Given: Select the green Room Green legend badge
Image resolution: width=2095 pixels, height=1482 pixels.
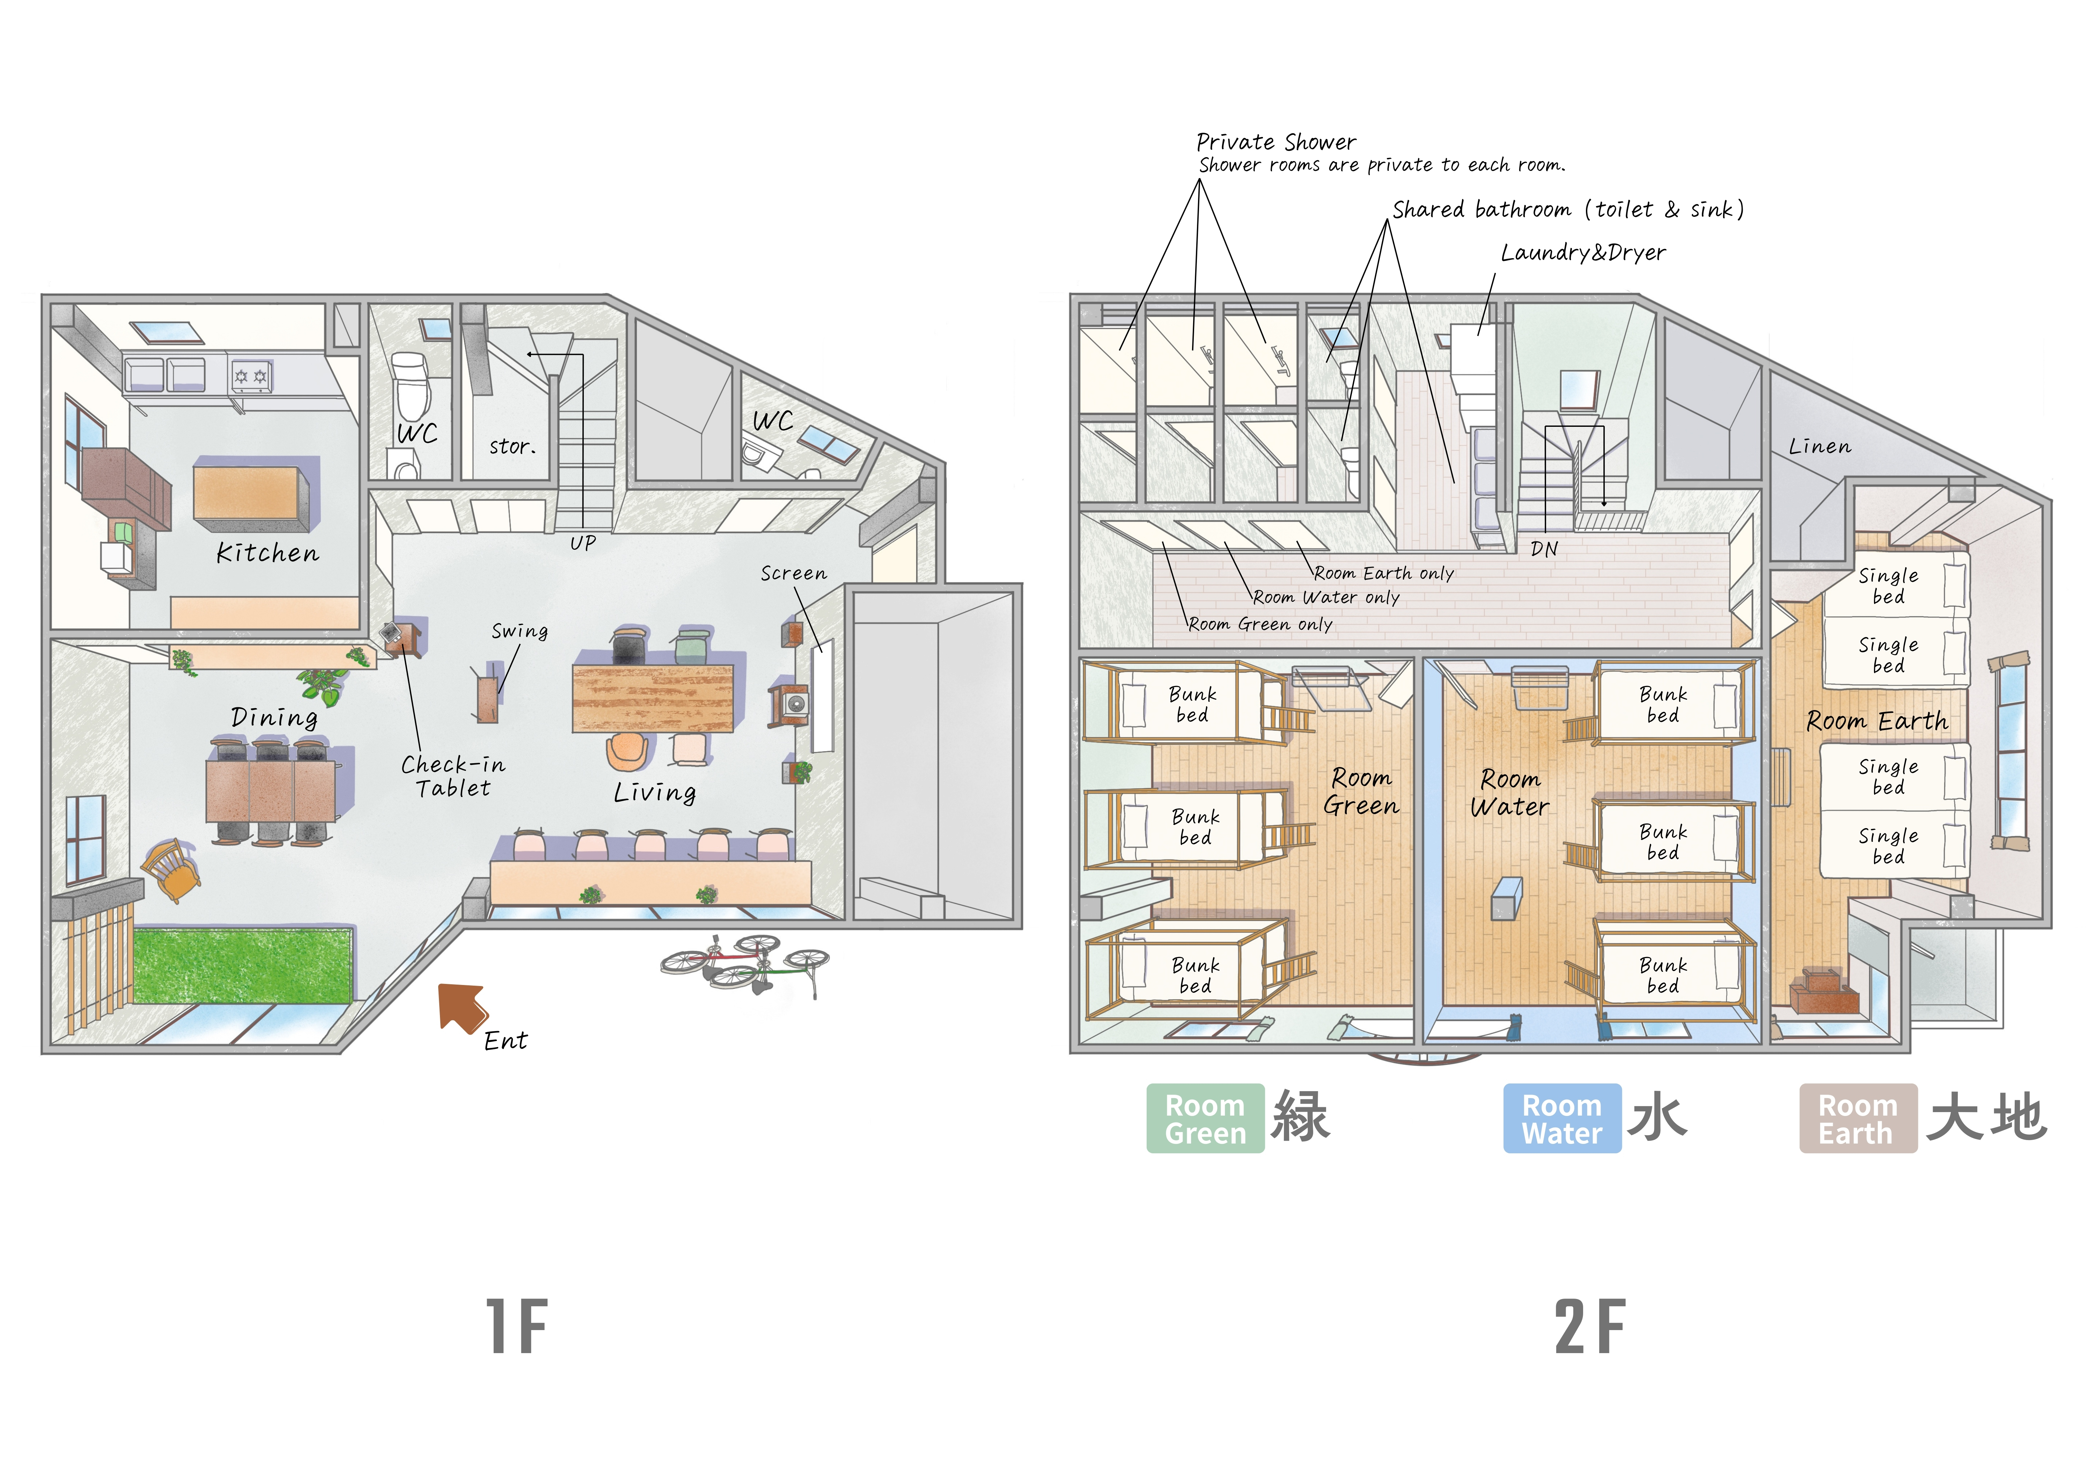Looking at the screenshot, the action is [1205, 1119].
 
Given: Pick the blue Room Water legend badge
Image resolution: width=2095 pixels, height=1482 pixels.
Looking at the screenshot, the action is [1562, 1119].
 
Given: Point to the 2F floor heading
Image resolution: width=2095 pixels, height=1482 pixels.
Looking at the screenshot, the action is [1590, 1327].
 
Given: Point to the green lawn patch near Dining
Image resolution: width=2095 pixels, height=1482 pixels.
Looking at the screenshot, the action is [243, 965].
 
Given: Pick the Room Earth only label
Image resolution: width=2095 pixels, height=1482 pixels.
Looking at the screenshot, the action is [1384, 573].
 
